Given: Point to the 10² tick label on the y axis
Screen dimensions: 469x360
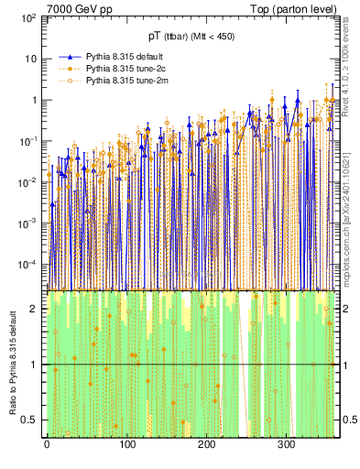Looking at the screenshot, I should (29, 18).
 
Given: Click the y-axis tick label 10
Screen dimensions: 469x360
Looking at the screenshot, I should (31, 60).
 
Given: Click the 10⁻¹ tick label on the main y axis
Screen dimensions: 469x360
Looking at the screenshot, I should (29, 141).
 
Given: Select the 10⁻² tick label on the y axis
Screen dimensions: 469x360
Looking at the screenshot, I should (29, 182).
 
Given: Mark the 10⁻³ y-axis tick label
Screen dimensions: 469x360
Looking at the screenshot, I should (29, 224).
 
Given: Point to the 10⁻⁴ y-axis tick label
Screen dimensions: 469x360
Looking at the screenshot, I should (29, 265).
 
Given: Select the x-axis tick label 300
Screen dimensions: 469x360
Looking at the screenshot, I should (286, 444).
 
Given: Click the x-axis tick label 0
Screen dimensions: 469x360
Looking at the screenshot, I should (47, 444).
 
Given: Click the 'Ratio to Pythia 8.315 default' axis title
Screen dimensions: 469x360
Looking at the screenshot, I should (11, 363).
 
